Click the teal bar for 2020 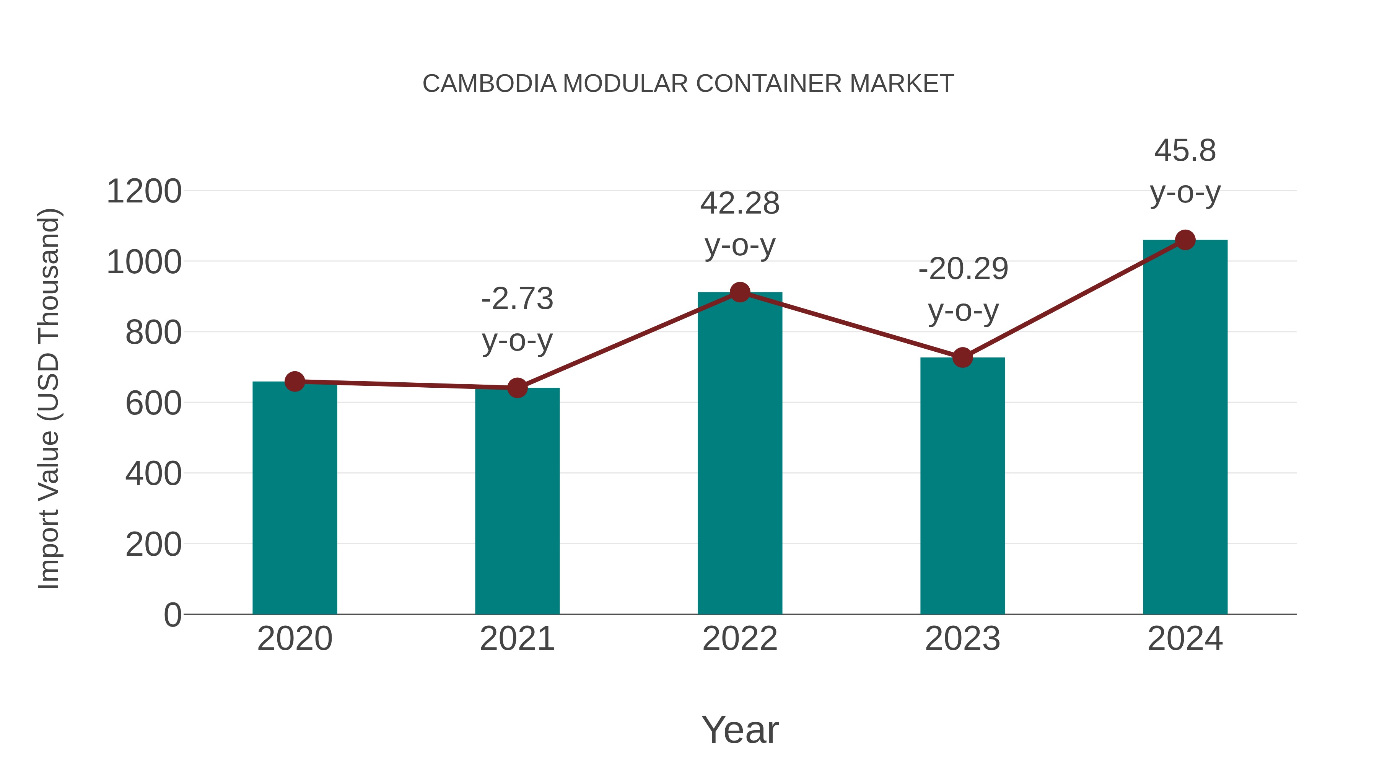pos(295,498)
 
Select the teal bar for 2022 pos(740,455)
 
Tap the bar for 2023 pos(962,487)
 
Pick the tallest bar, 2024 pos(1185,428)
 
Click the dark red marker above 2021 pos(517,388)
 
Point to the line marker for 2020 pos(295,381)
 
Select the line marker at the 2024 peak pos(1185,240)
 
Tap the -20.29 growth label pos(963,269)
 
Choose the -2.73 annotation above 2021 pos(517,299)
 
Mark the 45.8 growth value pos(1185,151)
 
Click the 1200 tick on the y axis pos(144,191)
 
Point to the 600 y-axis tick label pos(153,403)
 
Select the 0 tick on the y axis pos(172,615)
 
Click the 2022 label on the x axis pos(740,639)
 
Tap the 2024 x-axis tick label pos(1185,639)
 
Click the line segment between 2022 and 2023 pos(851,325)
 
